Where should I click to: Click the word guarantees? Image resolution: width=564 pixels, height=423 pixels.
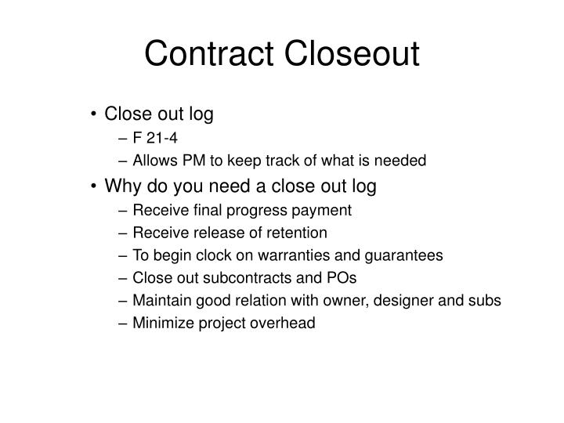tap(406, 255)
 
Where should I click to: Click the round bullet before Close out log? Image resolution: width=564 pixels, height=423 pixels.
tap(95, 115)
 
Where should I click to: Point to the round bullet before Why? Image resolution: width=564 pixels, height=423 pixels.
tap(95, 186)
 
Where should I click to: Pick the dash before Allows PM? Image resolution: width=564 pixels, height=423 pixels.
tap(125, 161)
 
